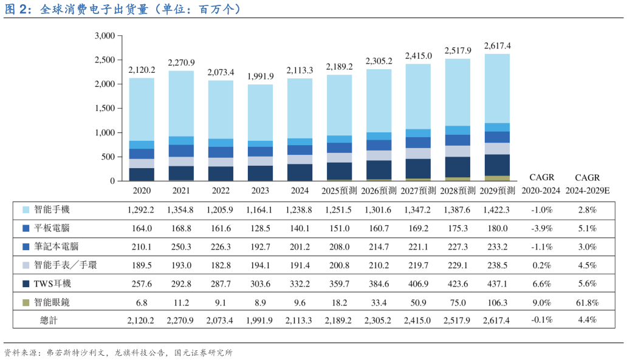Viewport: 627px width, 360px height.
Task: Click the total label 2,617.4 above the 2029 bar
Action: (497, 46)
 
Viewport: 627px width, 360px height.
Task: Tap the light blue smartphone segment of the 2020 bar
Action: (141, 109)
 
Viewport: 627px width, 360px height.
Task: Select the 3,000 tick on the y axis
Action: (104, 36)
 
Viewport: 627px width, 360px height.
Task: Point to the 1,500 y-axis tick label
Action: (104, 109)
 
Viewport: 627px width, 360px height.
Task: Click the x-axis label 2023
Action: (260, 191)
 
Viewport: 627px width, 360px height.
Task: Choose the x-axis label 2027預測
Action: (418, 191)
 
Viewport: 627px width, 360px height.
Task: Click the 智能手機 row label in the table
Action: (52, 209)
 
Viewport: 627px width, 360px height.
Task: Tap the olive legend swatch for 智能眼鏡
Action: (26, 302)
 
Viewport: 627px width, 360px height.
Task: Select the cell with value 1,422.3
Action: (497, 210)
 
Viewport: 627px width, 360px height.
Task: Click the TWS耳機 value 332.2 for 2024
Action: (300, 284)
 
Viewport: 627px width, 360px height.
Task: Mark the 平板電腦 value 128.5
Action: (260, 228)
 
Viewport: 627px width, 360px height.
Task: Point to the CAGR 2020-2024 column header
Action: (541, 184)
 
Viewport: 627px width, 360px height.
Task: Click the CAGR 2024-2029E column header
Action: (587, 184)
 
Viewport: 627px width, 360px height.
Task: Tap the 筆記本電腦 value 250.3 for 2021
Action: (181, 247)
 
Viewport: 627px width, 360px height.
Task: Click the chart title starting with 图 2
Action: (122, 10)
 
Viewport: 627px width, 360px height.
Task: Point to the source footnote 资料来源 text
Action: (118, 352)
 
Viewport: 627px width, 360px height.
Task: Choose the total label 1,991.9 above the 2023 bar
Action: (260, 76)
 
